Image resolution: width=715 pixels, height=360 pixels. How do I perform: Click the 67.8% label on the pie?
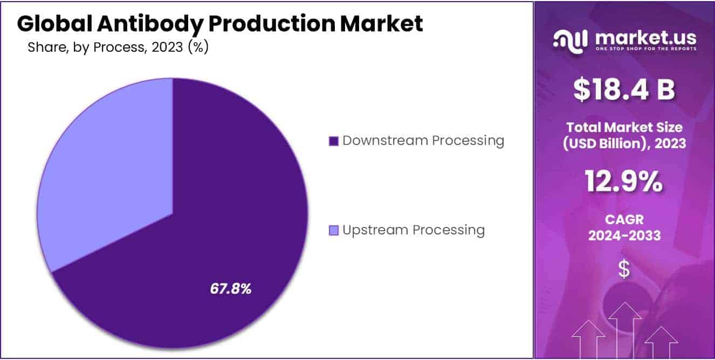[x=231, y=289]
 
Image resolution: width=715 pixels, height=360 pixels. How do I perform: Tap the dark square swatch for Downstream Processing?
[x=334, y=141]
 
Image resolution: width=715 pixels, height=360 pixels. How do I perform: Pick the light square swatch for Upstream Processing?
[x=334, y=231]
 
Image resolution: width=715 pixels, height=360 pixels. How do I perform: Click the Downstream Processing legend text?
[x=423, y=141]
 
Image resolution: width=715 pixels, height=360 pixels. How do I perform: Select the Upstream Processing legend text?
[x=414, y=230]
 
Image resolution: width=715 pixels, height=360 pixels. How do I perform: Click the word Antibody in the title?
[x=150, y=24]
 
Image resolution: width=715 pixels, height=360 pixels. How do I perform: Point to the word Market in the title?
[x=381, y=23]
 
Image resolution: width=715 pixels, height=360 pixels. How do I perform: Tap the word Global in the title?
[x=54, y=23]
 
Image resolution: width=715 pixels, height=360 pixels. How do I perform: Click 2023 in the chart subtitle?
[x=167, y=47]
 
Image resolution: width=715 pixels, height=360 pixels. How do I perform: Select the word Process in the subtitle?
[x=120, y=47]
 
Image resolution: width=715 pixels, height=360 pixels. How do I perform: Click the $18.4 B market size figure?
[x=624, y=89]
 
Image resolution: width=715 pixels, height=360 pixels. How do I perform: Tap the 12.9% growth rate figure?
[x=624, y=182]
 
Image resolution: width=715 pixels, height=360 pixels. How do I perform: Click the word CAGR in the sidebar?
[x=624, y=219]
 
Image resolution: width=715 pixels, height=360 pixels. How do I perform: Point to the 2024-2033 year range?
[x=624, y=236]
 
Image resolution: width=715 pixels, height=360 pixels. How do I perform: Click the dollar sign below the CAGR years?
[x=624, y=269]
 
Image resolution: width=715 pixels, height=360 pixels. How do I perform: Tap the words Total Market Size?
[x=624, y=127]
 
